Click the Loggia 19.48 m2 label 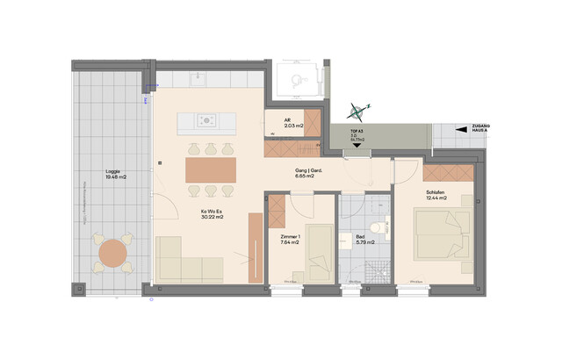pyautogui.click(x=114, y=175)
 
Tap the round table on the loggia pyautogui.click(x=113, y=254)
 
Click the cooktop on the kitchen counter pyautogui.click(x=207, y=120)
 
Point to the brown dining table pyautogui.click(x=210, y=169)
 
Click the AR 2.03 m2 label pyautogui.click(x=292, y=124)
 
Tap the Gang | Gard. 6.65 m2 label pyautogui.click(x=304, y=173)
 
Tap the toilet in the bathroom pyautogui.click(x=377, y=227)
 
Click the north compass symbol pyautogui.click(x=357, y=111)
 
